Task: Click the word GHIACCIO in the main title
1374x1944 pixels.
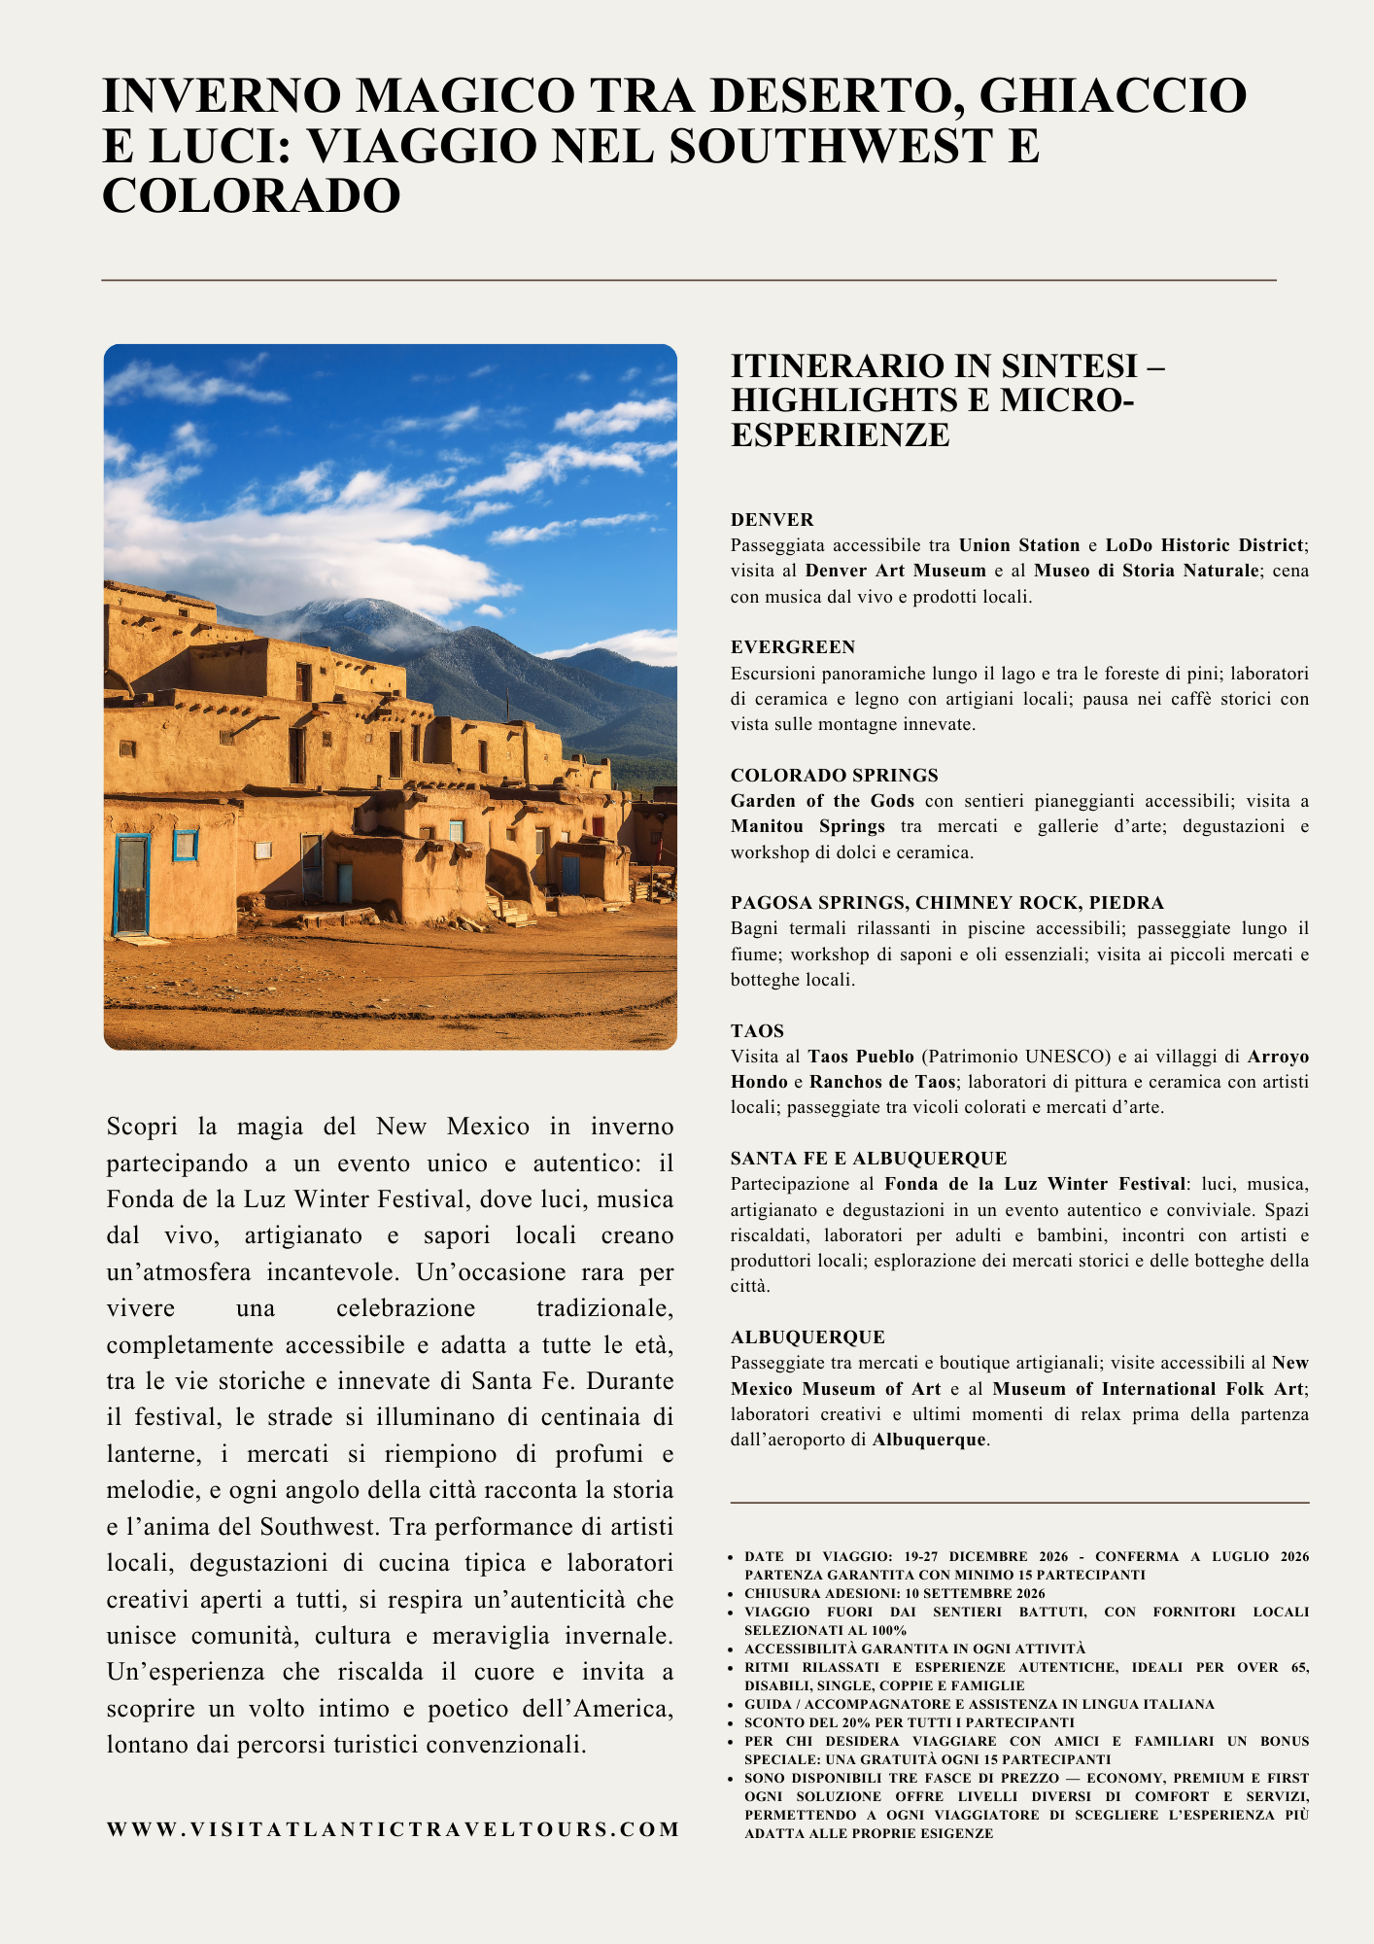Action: tap(1113, 96)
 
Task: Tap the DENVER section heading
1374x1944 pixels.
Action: tap(773, 520)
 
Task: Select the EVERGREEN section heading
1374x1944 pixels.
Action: tap(793, 647)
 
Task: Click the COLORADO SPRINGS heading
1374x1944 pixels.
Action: tap(835, 776)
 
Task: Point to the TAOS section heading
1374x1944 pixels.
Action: tap(757, 1031)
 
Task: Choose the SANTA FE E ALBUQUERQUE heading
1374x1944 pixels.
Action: tap(869, 1159)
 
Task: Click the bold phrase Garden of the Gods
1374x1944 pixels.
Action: tap(822, 801)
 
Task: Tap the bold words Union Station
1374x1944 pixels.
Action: tap(1019, 545)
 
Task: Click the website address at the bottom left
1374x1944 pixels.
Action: tap(393, 1829)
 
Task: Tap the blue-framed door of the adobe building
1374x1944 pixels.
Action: tap(131, 885)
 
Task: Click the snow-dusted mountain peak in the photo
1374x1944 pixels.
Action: tap(335, 609)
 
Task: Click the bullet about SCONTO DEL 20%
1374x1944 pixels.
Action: tap(910, 1722)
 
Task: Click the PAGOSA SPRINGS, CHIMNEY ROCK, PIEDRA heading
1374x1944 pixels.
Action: tap(946, 903)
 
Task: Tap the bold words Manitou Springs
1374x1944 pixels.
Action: tap(807, 826)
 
